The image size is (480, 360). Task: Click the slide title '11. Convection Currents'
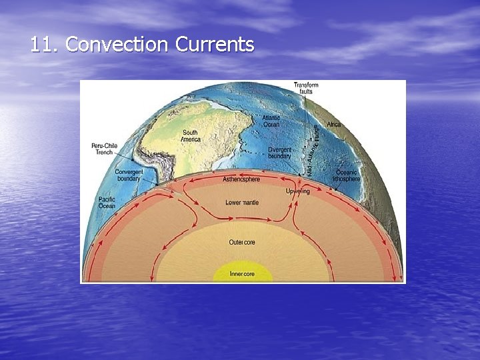point(142,45)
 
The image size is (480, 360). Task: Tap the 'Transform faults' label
point(306,87)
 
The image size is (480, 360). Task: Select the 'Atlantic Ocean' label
point(271,121)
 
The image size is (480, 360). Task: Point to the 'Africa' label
point(333,125)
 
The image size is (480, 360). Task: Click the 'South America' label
point(190,135)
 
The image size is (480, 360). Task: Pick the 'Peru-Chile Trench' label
point(103,149)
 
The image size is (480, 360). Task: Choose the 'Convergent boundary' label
point(129,175)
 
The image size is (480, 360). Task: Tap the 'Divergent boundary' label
point(279,153)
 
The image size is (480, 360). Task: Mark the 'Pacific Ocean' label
point(107,203)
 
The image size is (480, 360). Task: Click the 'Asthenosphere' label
point(241,179)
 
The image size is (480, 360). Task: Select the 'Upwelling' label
point(297,191)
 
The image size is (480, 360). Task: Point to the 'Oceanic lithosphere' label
point(347,175)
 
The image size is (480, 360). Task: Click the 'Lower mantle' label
point(242,202)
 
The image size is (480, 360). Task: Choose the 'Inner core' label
point(242,273)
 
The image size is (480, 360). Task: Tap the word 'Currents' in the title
point(215,45)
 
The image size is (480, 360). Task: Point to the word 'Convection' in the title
point(117,45)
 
